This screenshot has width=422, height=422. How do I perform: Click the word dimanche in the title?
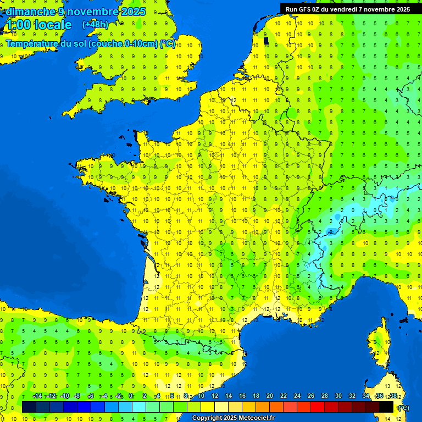(x=30, y=12)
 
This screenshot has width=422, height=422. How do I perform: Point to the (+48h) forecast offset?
(x=95, y=24)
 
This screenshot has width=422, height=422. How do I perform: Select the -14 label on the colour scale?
(x=37, y=396)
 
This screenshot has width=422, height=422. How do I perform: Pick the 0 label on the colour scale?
(x=131, y=396)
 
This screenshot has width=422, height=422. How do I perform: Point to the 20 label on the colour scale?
(x=269, y=396)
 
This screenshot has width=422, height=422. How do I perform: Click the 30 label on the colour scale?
(x=338, y=396)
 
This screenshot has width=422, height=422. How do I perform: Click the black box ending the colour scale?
(x=386, y=407)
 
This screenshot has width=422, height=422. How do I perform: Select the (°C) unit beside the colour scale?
(x=403, y=407)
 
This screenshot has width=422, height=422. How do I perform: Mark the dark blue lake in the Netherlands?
(x=266, y=40)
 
